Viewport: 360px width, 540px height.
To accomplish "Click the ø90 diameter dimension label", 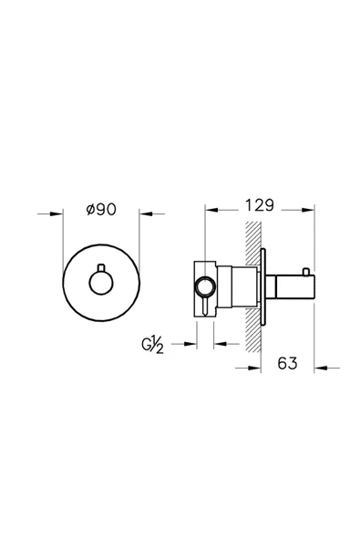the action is (101, 209).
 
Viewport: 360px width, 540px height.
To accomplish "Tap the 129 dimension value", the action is (260, 205).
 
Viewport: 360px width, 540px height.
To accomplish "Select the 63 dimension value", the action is (287, 363).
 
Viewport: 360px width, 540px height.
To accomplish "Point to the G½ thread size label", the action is (152, 346).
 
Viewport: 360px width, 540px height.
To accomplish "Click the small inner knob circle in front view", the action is (101, 283).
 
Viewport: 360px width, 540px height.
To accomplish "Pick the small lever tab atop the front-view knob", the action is (101, 267).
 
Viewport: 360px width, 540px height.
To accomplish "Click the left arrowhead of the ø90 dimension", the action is (57, 213).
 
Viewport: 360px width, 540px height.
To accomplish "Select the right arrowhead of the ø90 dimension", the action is (146, 213).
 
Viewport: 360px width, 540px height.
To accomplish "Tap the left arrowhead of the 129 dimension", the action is (211, 210).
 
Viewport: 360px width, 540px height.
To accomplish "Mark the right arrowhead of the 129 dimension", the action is (308, 210).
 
